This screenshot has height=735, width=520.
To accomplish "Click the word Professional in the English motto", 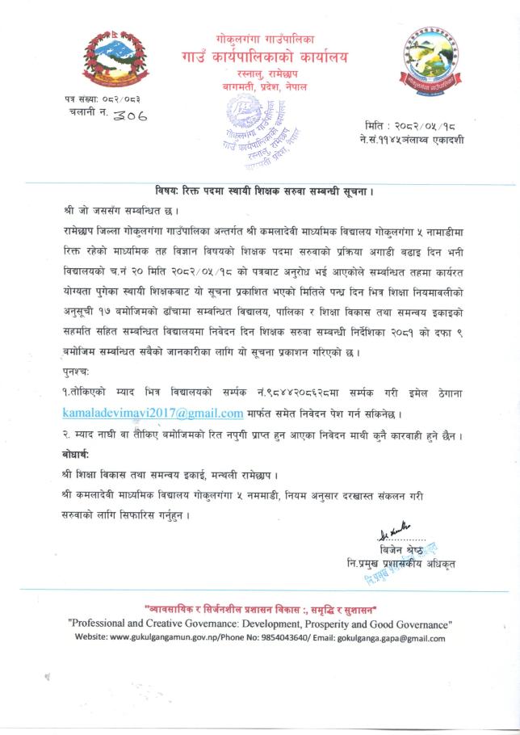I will tap(104, 624).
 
